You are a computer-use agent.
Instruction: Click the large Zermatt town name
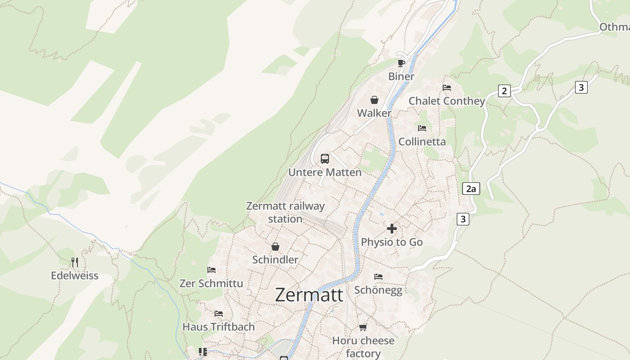(x=309, y=295)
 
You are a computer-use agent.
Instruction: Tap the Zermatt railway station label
(x=285, y=212)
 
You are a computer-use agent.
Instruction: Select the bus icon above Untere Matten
(x=325, y=158)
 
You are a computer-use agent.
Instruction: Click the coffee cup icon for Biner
(x=401, y=63)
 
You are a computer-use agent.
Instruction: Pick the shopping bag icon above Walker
(x=374, y=100)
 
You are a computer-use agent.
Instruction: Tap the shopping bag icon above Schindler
(x=275, y=247)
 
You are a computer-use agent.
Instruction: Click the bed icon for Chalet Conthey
(x=447, y=88)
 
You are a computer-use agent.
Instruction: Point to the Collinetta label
(x=422, y=142)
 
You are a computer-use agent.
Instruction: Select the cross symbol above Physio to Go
(x=392, y=229)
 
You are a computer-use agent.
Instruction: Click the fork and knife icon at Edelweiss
(x=75, y=262)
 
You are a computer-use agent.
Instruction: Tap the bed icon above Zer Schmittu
(x=211, y=270)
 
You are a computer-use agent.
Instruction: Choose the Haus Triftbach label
(x=219, y=327)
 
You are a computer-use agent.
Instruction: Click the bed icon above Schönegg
(x=378, y=276)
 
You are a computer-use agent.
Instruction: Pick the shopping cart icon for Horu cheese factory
(x=363, y=327)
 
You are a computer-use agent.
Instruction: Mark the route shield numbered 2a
(x=471, y=189)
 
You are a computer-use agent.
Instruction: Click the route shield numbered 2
(x=504, y=91)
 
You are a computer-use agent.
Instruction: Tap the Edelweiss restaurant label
(x=75, y=275)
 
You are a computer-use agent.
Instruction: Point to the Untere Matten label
(x=325, y=172)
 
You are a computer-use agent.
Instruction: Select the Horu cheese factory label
(x=363, y=347)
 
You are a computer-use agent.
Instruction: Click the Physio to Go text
(x=392, y=242)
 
